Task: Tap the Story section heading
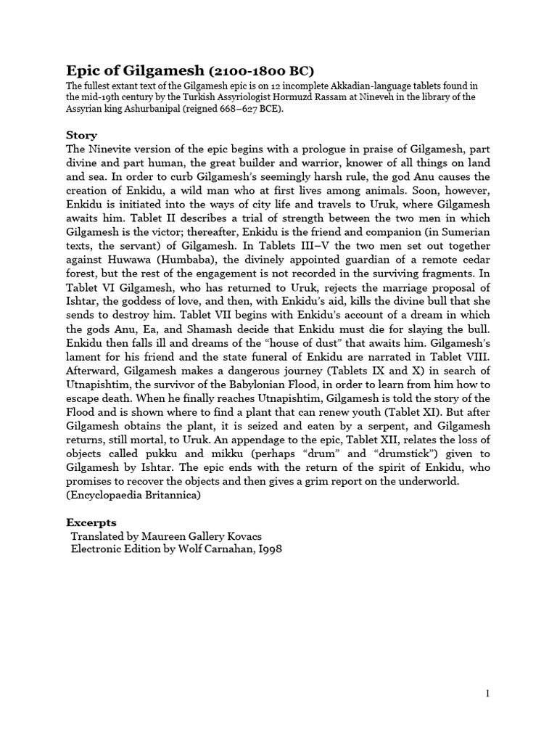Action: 81,135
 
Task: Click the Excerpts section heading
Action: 91,522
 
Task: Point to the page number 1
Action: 488,694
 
